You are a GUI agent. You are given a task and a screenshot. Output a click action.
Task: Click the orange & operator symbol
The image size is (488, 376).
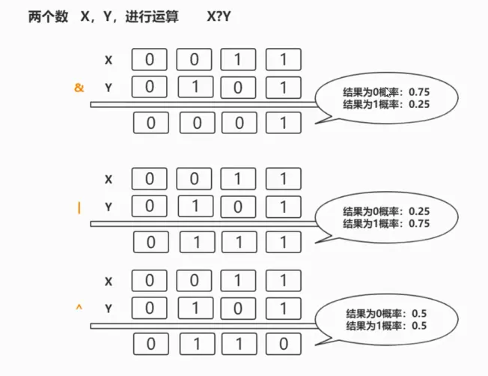pyautogui.click(x=79, y=88)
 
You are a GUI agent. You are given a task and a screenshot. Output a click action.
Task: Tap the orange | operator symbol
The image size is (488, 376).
pyautogui.click(x=79, y=208)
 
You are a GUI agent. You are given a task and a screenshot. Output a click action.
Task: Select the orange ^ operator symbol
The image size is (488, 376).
pyautogui.click(x=78, y=307)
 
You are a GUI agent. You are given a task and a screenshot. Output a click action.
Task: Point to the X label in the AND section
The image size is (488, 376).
pyautogui.click(x=109, y=60)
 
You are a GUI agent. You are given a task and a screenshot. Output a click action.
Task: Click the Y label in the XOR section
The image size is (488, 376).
pyautogui.click(x=109, y=308)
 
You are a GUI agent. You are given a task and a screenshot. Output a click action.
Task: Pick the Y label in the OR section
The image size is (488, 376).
pyautogui.click(x=109, y=207)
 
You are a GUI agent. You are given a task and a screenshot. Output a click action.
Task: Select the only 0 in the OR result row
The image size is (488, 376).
pyautogui.click(x=152, y=243)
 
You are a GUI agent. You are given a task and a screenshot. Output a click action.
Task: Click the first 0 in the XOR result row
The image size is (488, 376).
pyautogui.click(x=152, y=345)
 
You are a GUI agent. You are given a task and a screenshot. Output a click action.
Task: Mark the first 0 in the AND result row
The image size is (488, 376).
pyautogui.click(x=152, y=123)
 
